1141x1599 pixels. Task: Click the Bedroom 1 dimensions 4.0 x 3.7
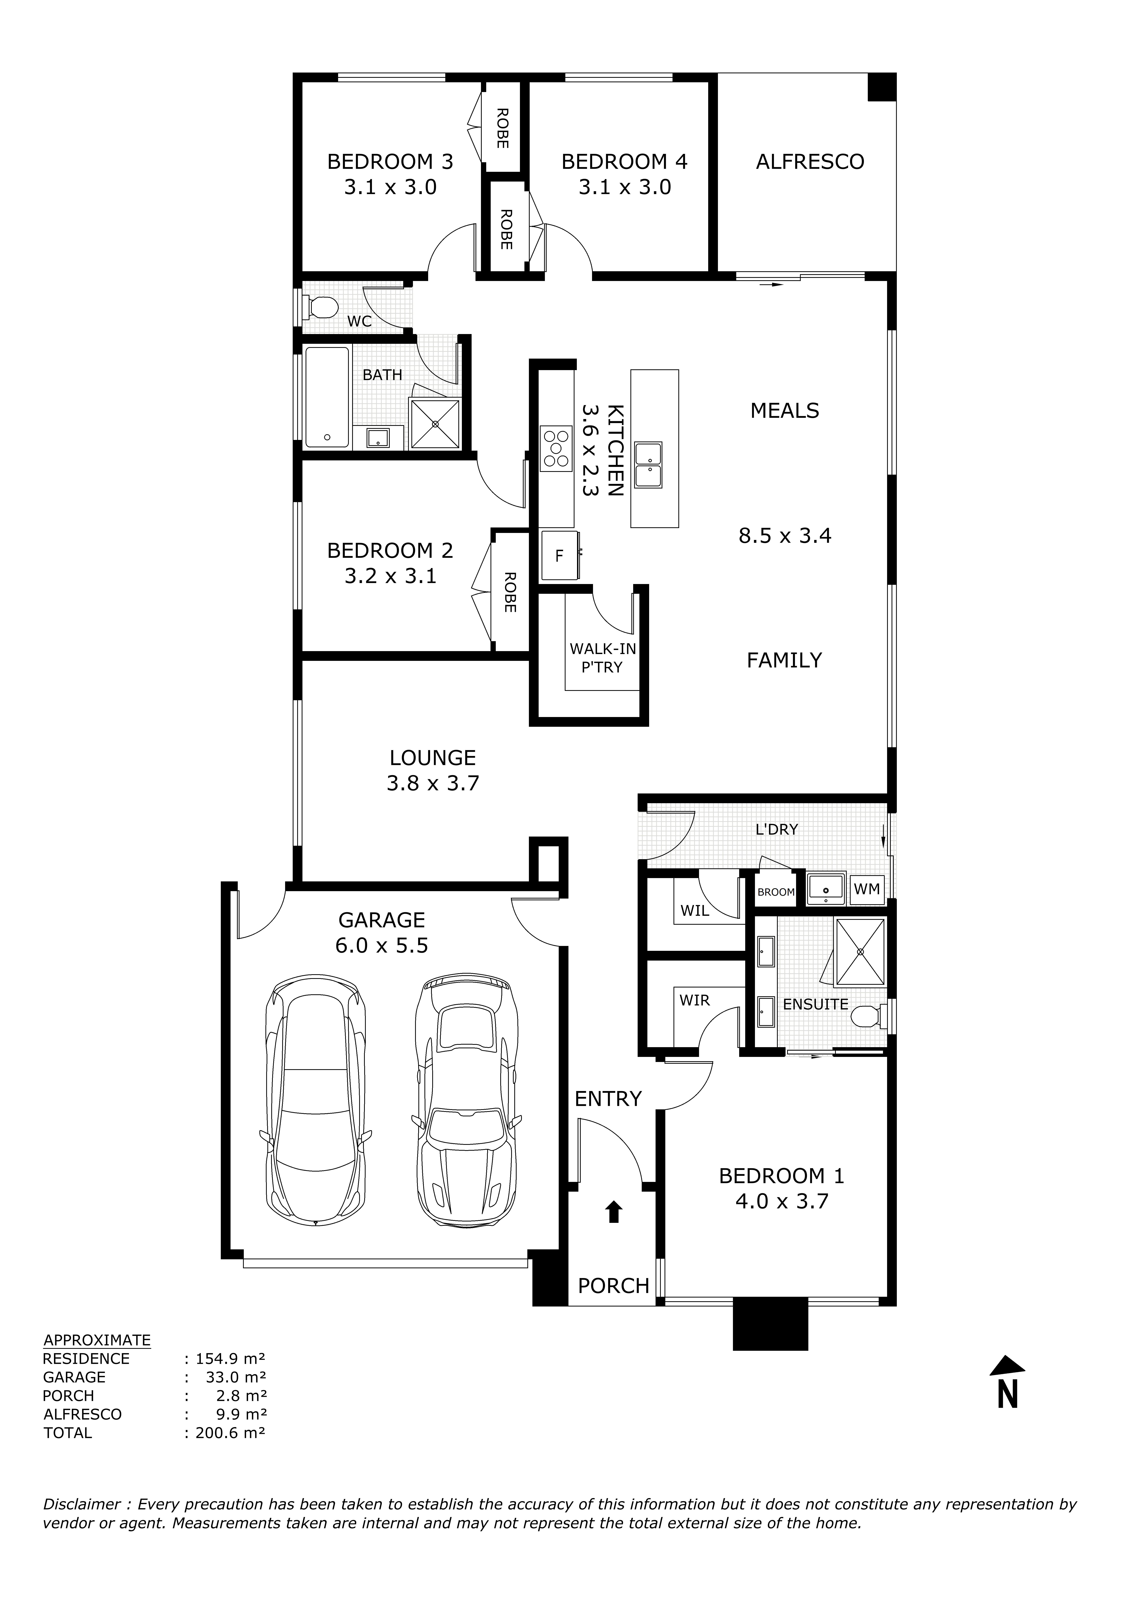(x=781, y=1201)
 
